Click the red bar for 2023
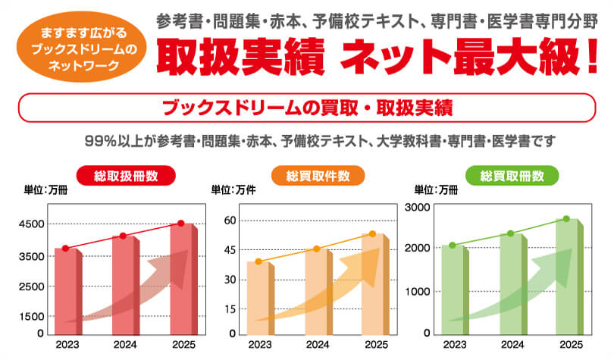tap(66, 292)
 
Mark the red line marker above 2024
tap(124, 236)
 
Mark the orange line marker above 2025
tap(372, 234)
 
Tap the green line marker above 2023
tap(453, 245)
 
